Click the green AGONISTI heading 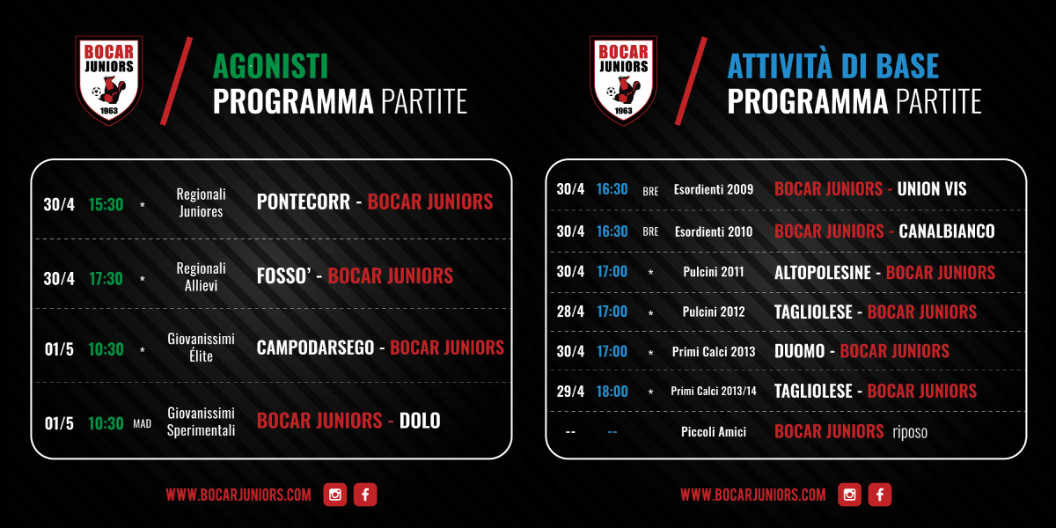[270, 66]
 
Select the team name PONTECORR [303, 202]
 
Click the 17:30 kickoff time [106, 279]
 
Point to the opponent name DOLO [420, 421]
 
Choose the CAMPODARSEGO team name [315, 348]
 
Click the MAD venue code [142, 423]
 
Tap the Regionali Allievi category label [201, 276]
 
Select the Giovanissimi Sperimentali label [201, 422]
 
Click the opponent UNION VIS [932, 189]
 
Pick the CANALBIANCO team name [947, 231]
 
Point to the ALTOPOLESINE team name [822, 273]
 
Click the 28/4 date [570, 312]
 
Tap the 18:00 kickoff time [612, 392]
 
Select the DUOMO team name [800, 351]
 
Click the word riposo [910, 432]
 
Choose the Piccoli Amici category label [714, 432]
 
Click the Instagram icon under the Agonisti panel [335, 495]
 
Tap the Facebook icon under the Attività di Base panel [880, 495]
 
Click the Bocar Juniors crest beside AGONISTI [109, 80]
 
